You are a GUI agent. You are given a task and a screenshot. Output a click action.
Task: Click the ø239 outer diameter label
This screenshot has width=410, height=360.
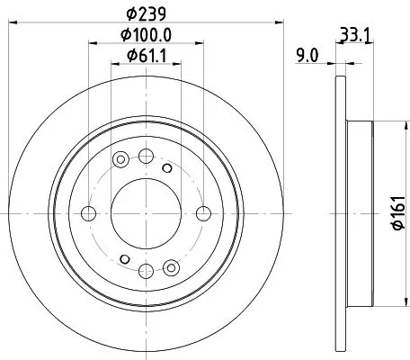click(x=146, y=13)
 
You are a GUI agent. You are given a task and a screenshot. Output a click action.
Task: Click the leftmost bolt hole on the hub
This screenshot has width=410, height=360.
click(x=88, y=213)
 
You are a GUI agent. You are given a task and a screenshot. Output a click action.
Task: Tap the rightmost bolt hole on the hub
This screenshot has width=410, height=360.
click(x=204, y=213)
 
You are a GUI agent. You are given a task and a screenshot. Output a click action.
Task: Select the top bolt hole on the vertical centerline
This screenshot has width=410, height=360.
click(x=146, y=156)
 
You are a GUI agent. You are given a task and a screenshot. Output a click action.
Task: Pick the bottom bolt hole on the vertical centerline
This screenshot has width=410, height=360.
click(x=146, y=271)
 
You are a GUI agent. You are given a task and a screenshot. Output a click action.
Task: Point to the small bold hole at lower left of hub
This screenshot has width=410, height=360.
click(x=124, y=261)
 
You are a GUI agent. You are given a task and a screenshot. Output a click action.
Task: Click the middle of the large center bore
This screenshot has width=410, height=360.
click(x=146, y=213)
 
